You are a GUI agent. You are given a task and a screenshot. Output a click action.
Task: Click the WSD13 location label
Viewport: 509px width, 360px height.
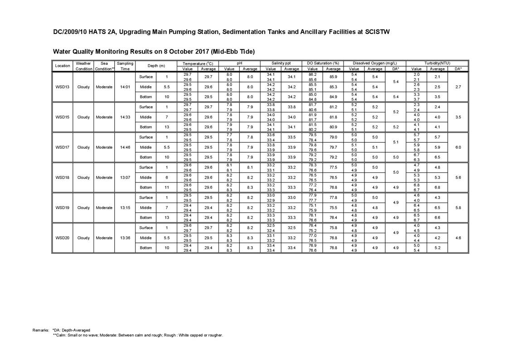pos(62,87)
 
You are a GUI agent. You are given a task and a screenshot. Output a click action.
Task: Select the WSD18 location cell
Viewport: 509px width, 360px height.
pos(62,178)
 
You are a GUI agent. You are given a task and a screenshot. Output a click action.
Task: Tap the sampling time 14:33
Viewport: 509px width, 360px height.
pos(125,117)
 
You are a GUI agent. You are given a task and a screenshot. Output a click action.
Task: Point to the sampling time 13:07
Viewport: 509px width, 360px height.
pos(125,178)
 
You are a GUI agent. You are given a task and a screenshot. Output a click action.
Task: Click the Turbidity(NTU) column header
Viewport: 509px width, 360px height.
pos(437,63)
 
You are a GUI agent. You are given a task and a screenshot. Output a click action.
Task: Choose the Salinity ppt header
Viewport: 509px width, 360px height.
pos(281,63)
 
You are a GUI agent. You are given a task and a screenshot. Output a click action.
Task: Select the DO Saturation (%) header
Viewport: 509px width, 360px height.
pos(323,63)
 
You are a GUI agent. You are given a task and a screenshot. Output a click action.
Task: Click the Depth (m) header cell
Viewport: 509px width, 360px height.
pos(156,66)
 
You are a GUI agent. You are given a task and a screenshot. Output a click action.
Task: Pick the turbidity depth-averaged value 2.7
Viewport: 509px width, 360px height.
pos(458,87)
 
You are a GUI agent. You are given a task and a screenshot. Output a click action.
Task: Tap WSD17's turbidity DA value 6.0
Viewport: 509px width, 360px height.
pos(458,147)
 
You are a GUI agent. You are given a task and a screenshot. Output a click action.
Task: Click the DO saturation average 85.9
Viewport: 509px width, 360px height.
pos(333,77)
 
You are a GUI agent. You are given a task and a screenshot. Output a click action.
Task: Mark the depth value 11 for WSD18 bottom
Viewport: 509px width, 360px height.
pos(167,188)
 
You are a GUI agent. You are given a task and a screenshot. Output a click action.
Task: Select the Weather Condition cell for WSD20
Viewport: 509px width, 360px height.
pos(83,238)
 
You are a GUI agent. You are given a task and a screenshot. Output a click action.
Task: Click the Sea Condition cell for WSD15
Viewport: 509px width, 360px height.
pos(104,117)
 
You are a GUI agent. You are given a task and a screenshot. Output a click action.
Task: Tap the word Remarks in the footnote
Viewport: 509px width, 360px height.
pos(41,330)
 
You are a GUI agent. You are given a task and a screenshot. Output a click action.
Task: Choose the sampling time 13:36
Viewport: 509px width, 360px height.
pos(125,238)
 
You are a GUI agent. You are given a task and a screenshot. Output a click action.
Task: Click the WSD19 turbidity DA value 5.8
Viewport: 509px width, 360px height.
pos(458,208)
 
